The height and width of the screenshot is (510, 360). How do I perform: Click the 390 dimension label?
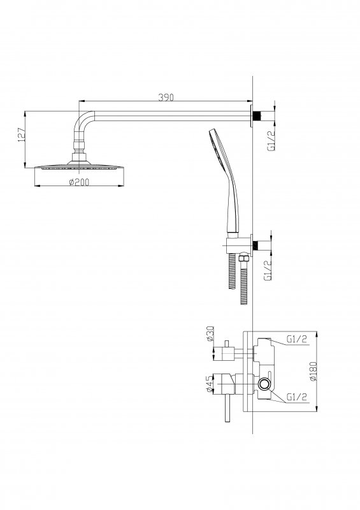pos(166,97)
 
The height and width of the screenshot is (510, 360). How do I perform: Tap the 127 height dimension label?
pos(21,135)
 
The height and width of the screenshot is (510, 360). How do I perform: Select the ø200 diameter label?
pos(79,182)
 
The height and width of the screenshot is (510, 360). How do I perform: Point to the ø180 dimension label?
pos(313,371)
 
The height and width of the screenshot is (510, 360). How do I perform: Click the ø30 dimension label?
pos(210,333)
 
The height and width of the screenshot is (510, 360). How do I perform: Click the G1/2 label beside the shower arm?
pos(271,140)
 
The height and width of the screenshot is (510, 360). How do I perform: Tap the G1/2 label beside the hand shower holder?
pos(268,270)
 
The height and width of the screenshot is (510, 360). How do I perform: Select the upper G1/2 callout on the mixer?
pos(296,339)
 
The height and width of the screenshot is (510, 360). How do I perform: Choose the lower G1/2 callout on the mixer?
pos(296,397)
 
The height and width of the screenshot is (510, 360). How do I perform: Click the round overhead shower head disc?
pos(79,167)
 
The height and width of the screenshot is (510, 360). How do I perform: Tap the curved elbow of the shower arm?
pos(82,121)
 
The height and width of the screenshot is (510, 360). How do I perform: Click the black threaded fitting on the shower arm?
pos(257,116)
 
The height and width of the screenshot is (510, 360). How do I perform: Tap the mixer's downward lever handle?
pos(227,409)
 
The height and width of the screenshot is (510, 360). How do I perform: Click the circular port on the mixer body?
pos(264,384)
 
